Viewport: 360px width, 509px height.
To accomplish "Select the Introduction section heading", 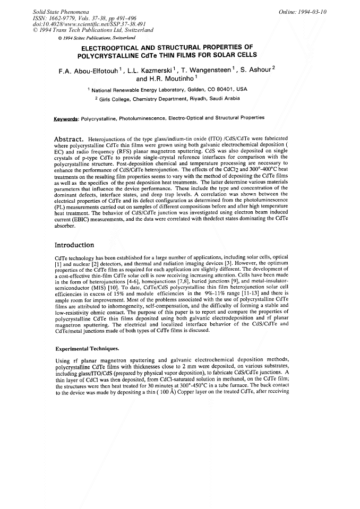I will [x=74, y=245].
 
